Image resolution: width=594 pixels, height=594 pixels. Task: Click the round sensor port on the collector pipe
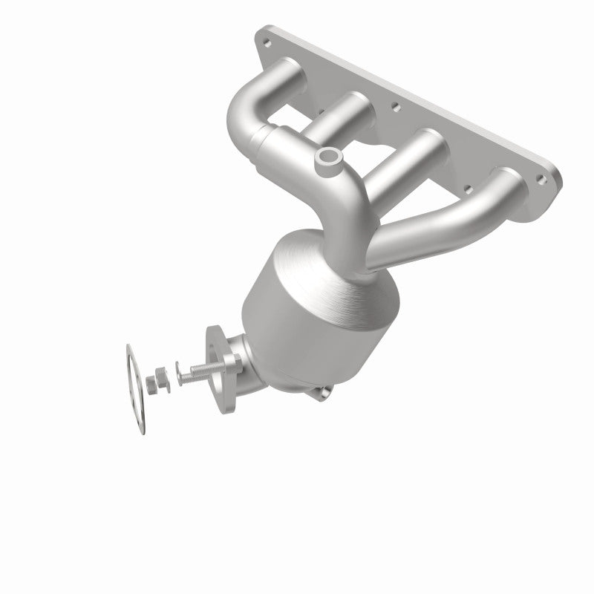pos(326,157)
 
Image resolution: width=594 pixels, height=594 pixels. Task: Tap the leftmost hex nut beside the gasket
pos(151,385)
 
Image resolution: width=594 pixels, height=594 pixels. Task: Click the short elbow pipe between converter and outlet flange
pos(249,364)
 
